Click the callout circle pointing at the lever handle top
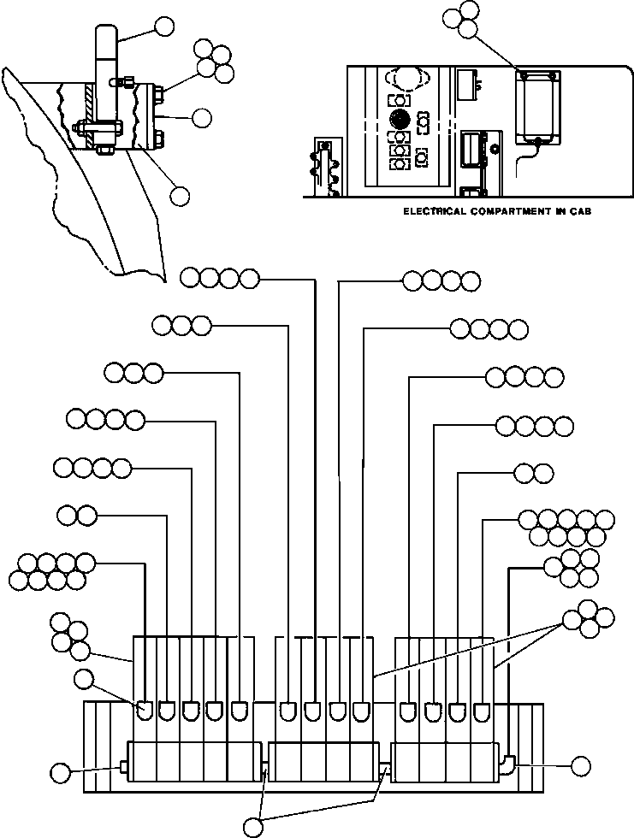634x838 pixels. tap(163, 27)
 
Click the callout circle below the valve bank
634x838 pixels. tap(254, 827)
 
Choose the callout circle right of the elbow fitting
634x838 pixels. tap(582, 766)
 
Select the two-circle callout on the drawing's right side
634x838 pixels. tap(532, 472)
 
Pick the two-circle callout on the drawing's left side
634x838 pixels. tap(77, 515)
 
